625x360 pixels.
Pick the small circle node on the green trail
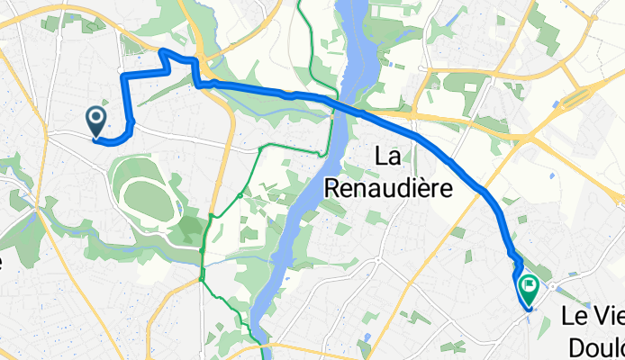240,195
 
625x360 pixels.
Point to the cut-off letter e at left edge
3,262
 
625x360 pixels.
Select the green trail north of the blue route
310,54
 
